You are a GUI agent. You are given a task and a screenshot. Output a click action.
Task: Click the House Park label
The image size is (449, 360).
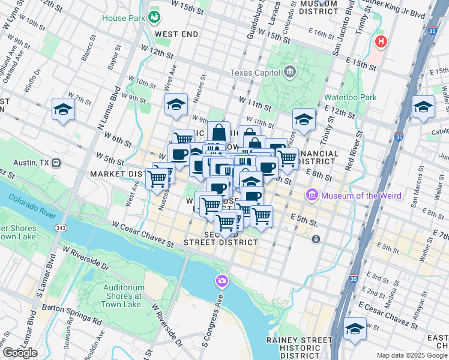124,18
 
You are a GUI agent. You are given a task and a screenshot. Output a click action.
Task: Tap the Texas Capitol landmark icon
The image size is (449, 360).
290,73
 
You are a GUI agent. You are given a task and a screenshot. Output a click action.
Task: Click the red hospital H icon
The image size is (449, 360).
380,41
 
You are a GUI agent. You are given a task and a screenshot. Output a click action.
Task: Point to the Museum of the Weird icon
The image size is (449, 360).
312,196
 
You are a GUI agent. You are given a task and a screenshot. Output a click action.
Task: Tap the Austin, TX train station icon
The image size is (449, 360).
56,163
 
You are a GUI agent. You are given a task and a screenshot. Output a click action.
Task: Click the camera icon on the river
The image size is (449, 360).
222,281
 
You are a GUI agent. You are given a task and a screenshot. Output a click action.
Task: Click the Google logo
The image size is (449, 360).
19,353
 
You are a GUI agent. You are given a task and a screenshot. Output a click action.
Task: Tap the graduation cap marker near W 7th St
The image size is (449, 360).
62,110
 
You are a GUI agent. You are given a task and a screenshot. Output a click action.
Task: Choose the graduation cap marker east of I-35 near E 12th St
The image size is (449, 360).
423,107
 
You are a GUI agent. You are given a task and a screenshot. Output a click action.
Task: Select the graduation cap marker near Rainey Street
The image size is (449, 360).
355,329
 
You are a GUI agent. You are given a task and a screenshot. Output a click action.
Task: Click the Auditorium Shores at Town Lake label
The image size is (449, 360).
125,296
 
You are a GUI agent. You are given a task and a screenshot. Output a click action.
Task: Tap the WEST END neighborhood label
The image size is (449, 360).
176,34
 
